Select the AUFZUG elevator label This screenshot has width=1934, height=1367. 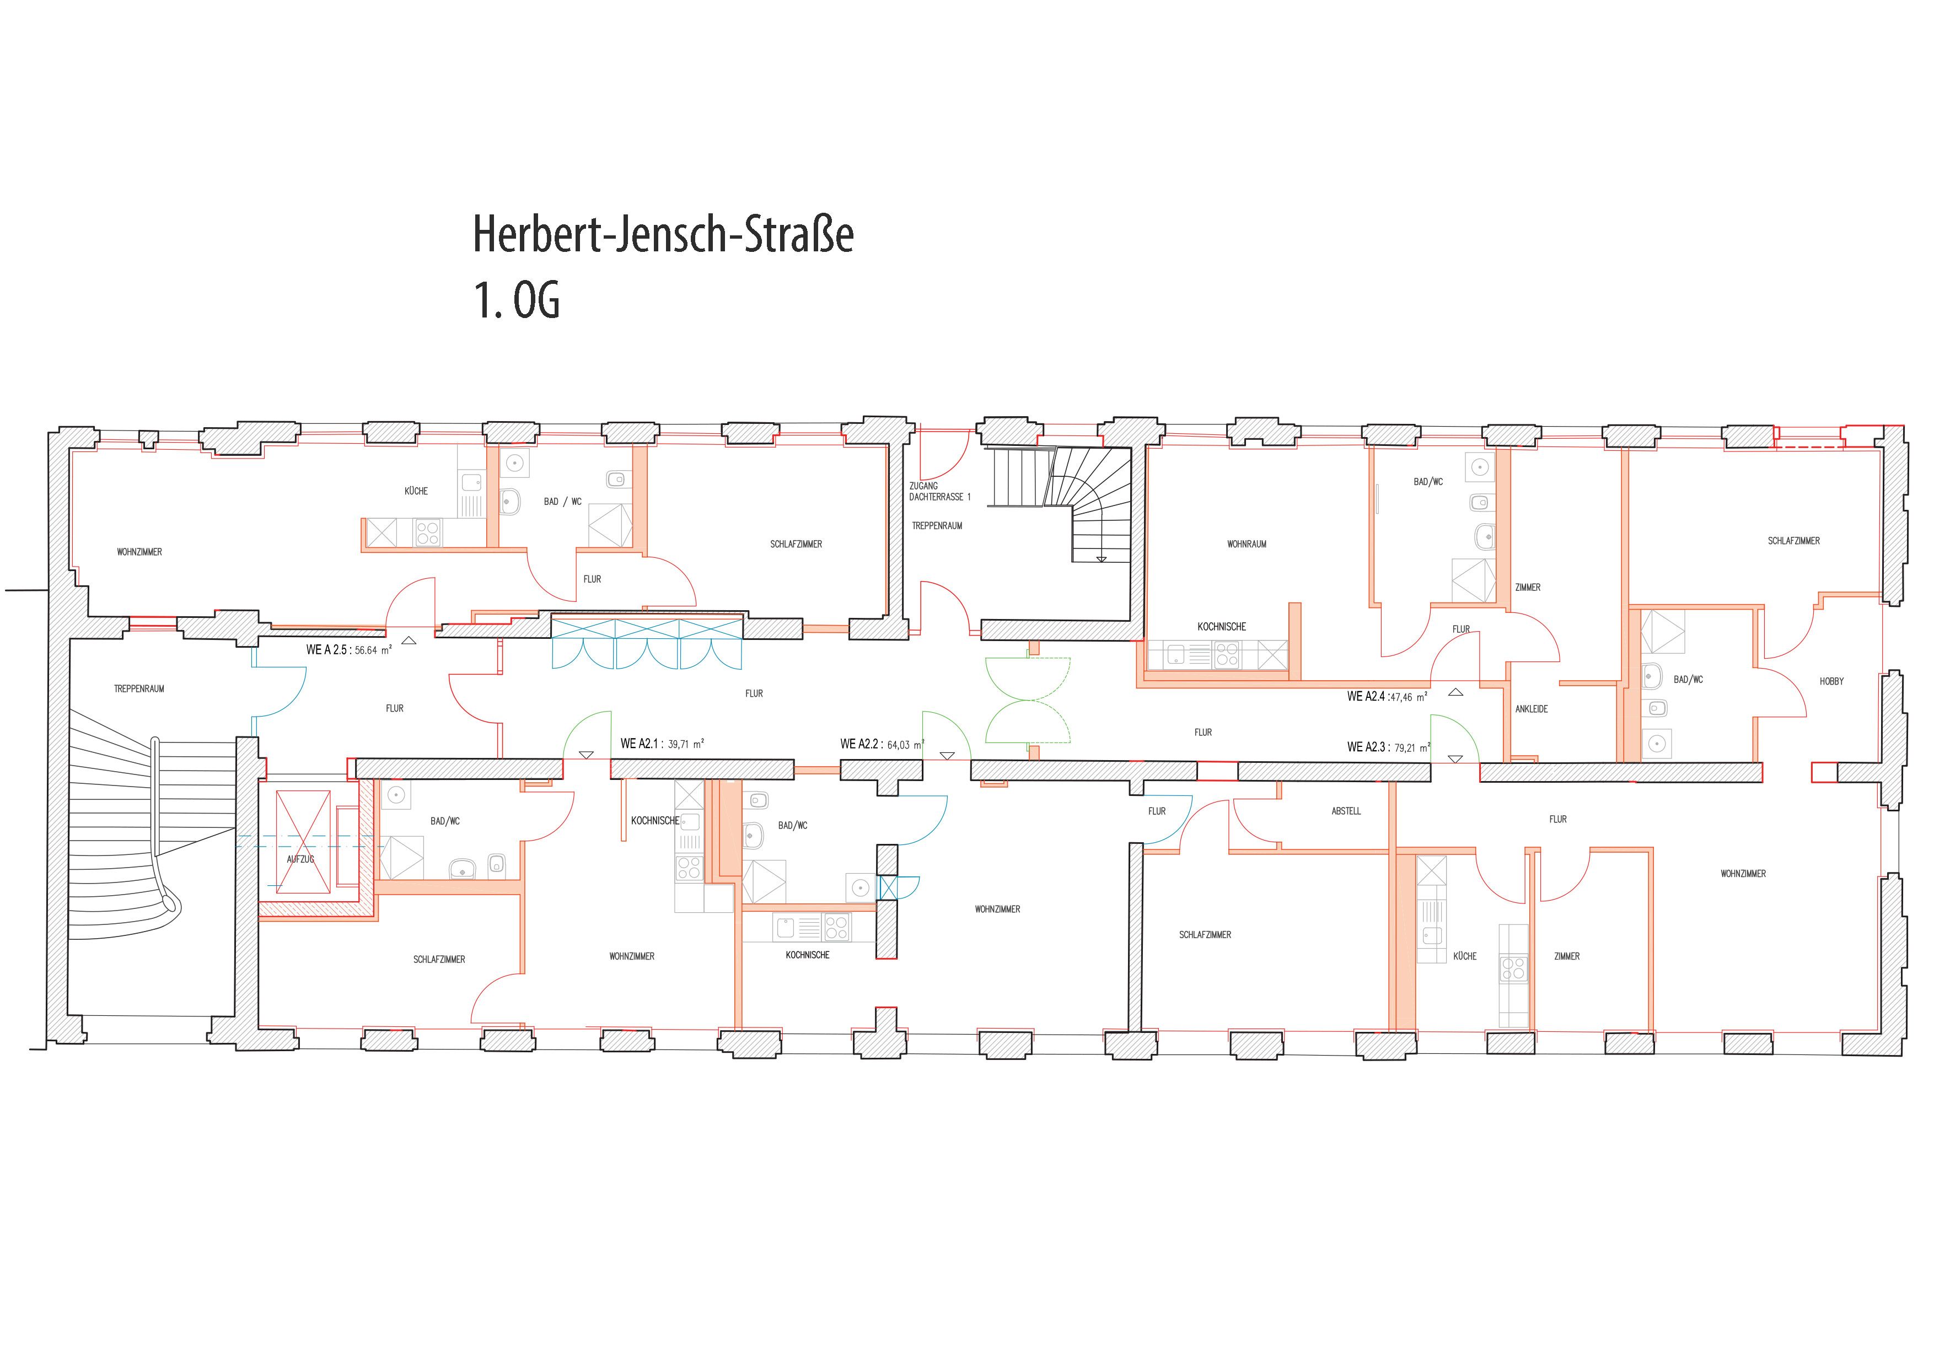point(300,859)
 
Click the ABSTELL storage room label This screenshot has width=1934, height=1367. point(1346,811)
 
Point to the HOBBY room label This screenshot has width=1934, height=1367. point(1831,681)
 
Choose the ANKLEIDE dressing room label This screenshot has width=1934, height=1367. point(1532,709)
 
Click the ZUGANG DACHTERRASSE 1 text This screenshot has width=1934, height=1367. point(939,492)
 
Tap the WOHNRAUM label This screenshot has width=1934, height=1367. point(1247,544)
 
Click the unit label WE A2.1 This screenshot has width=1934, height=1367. point(640,744)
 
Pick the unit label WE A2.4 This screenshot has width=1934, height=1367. point(1366,697)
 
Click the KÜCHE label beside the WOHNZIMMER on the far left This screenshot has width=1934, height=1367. point(416,491)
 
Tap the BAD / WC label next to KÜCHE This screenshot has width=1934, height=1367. point(563,502)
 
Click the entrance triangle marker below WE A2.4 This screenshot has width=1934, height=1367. point(1457,692)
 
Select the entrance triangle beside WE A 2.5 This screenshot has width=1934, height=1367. point(410,641)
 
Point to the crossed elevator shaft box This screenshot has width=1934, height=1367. point(304,842)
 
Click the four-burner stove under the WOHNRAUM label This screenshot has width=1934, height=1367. point(1227,654)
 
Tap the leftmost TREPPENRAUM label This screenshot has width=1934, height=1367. point(139,689)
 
